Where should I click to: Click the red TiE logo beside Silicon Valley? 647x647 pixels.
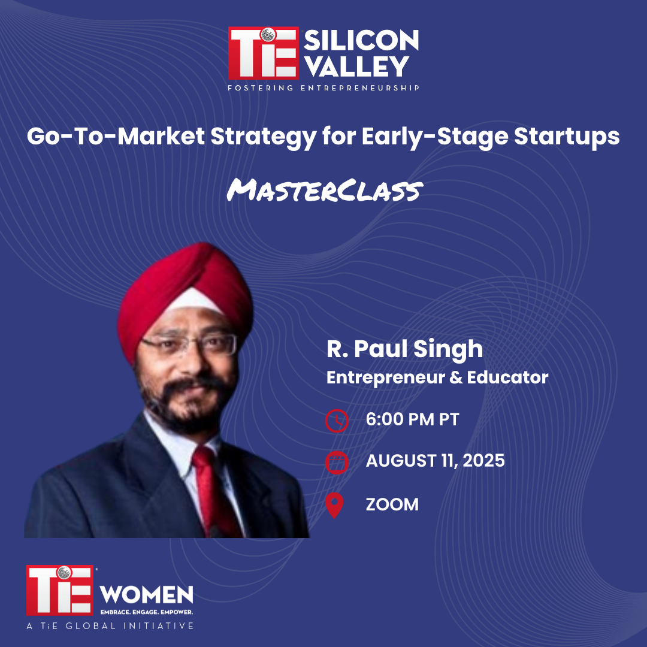pyautogui.click(x=263, y=53)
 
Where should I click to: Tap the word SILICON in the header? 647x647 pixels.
pyautogui.click(x=361, y=41)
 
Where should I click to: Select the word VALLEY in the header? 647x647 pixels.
pyautogui.click(x=357, y=66)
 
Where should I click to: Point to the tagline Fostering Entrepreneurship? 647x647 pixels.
pyautogui.click(x=323, y=88)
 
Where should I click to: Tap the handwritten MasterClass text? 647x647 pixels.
pyautogui.click(x=325, y=191)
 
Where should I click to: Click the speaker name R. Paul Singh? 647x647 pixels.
pyautogui.click(x=404, y=349)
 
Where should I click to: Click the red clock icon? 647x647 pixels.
pyautogui.click(x=337, y=421)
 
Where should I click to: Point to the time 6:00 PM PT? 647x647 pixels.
pyautogui.click(x=412, y=419)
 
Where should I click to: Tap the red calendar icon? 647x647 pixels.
pyautogui.click(x=337, y=462)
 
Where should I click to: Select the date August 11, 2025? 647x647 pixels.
pyautogui.click(x=435, y=461)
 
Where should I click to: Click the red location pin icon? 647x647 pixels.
pyautogui.click(x=334, y=505)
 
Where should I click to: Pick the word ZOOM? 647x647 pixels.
pyautogui.click(x=392, y=504)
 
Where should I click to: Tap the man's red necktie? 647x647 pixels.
pyautogui.click(x=216, y=491)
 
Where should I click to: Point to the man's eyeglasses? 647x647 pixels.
pyautogui.click(x=189, y=344)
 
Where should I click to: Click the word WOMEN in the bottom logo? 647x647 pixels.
pyautogui.click(x=147, y=594)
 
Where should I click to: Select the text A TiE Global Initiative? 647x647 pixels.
pyautogui.click(x=110, y=626)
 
